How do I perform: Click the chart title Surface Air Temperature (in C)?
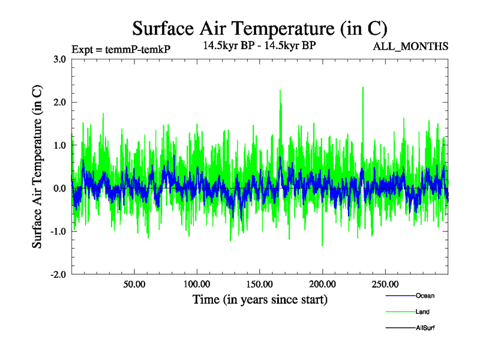tap(259, 28)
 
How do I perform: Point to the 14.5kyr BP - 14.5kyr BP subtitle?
tap(259, 45)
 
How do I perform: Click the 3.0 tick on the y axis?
tap(60, 59)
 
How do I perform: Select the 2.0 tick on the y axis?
tap(60, 102)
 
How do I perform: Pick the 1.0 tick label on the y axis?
tap(60, 145)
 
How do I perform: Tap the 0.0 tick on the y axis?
tap(60, 188)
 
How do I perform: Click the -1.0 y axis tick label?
tap(58, 232)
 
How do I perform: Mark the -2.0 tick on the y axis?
tap(58, 275)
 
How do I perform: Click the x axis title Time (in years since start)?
tap(260, 299)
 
